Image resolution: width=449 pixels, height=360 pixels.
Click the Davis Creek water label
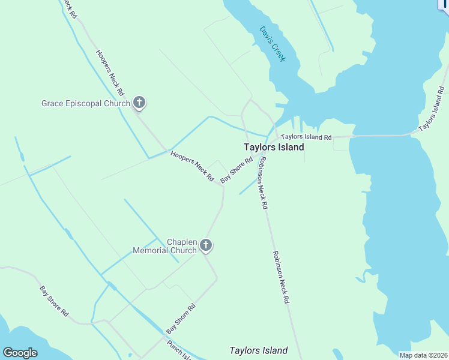[273, 44]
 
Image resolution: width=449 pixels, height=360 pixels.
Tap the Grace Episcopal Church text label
[86, 103]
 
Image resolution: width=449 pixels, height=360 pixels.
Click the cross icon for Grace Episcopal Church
[139, 103]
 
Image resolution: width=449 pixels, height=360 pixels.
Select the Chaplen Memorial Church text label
[164, 246]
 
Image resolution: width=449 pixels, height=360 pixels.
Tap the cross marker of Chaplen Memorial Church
[206, 245]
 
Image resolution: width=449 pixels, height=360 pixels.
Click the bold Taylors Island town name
[274, 147]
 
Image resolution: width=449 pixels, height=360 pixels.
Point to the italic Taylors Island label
[259, 350]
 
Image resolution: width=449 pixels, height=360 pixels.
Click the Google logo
[20, 353]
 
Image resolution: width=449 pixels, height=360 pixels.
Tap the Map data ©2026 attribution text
[423, 355]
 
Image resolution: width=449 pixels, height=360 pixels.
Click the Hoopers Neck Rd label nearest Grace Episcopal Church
[110, 73]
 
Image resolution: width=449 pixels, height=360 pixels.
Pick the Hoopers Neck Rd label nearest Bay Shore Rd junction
[192, 166]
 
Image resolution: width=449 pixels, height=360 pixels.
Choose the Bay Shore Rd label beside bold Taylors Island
[236, 170]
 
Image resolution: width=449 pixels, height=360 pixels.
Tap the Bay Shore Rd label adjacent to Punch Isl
[181, 319]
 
